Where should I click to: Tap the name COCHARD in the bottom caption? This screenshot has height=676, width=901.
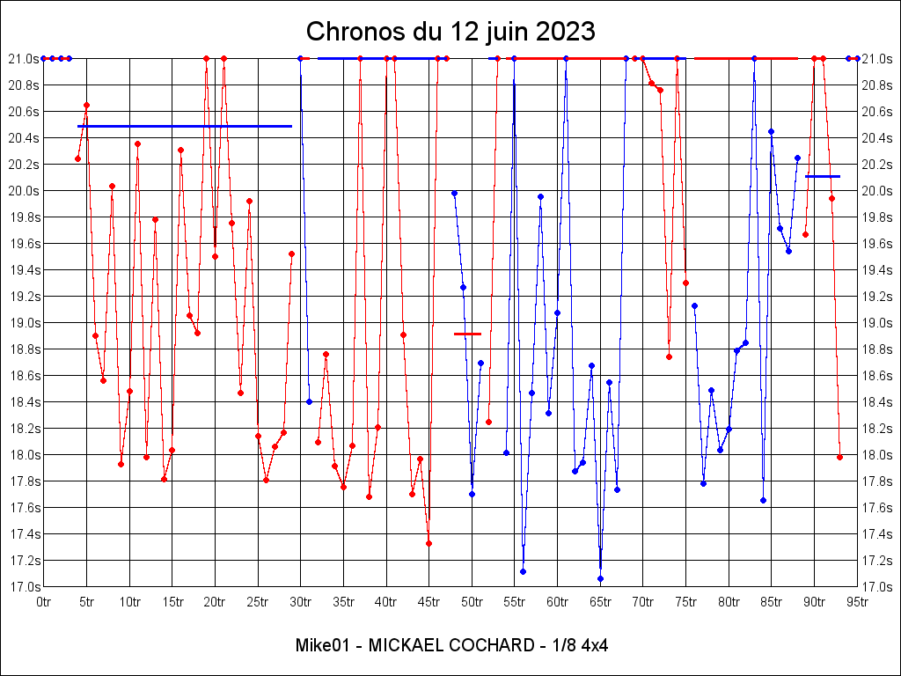click(486, 645)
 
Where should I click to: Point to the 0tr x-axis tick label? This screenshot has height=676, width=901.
click(43, 602)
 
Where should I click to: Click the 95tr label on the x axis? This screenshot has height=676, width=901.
click(857, 602)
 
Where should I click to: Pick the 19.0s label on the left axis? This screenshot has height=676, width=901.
click(24, 323)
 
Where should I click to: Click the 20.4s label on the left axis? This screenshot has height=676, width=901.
click(24, 138)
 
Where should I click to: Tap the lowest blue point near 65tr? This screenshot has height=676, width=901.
click(600, 578)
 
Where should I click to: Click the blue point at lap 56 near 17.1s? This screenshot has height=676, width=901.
click(523, 571)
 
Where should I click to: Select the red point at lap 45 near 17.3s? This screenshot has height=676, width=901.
click(429, 543)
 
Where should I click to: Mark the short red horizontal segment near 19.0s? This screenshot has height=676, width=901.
click(467, 334)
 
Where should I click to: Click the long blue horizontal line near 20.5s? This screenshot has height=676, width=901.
click(185, 126)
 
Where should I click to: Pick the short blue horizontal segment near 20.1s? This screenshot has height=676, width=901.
click(823, 176)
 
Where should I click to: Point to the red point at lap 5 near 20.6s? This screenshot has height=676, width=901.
click(86, 105)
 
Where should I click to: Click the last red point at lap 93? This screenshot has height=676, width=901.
click(839, 457)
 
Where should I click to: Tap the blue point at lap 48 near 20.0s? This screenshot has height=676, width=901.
click(454, 193)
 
